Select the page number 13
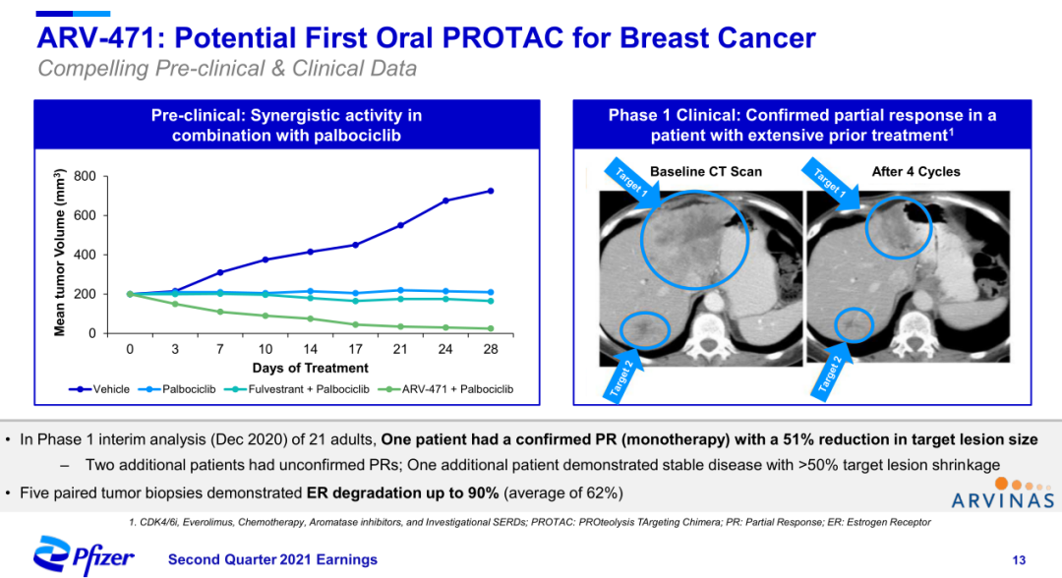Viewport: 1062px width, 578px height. [x=1020, y=560]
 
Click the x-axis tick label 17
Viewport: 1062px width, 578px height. [x=356, y=349]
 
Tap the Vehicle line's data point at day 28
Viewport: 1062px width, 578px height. [x=491, y=191]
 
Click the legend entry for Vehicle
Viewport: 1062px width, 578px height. [x=103, y=389]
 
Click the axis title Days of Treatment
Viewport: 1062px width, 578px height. [x=310, y=369]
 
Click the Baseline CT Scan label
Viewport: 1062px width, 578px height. [x=705, y=172]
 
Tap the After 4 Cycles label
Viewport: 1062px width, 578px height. [x=915, y=172]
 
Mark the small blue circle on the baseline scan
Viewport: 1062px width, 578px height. [x=645, y=327]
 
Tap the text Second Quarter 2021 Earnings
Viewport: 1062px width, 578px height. [x=272, y=560]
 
